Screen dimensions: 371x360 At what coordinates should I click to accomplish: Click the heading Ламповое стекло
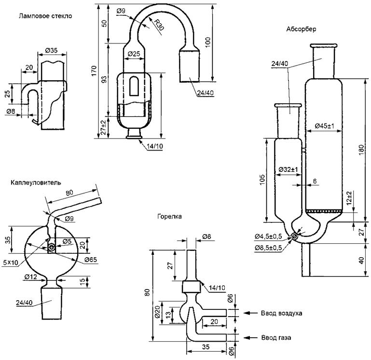pos(45,16)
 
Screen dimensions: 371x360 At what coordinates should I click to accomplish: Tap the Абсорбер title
pos(301,29)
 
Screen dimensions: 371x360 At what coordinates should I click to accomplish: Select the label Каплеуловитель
pos(36,182)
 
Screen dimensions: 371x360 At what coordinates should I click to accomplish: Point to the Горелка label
pos(169,216)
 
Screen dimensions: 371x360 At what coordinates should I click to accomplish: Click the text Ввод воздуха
pos(281,313)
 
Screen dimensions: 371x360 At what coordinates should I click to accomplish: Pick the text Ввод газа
pos(276,337)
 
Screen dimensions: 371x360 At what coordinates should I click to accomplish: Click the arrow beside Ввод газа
pos(250,337)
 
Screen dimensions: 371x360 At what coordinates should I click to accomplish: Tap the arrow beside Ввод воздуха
pos(250,313)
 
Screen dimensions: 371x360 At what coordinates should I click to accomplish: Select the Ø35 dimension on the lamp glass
pos(51,50)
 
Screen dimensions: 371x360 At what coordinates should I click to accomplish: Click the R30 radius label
pos(159,25)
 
